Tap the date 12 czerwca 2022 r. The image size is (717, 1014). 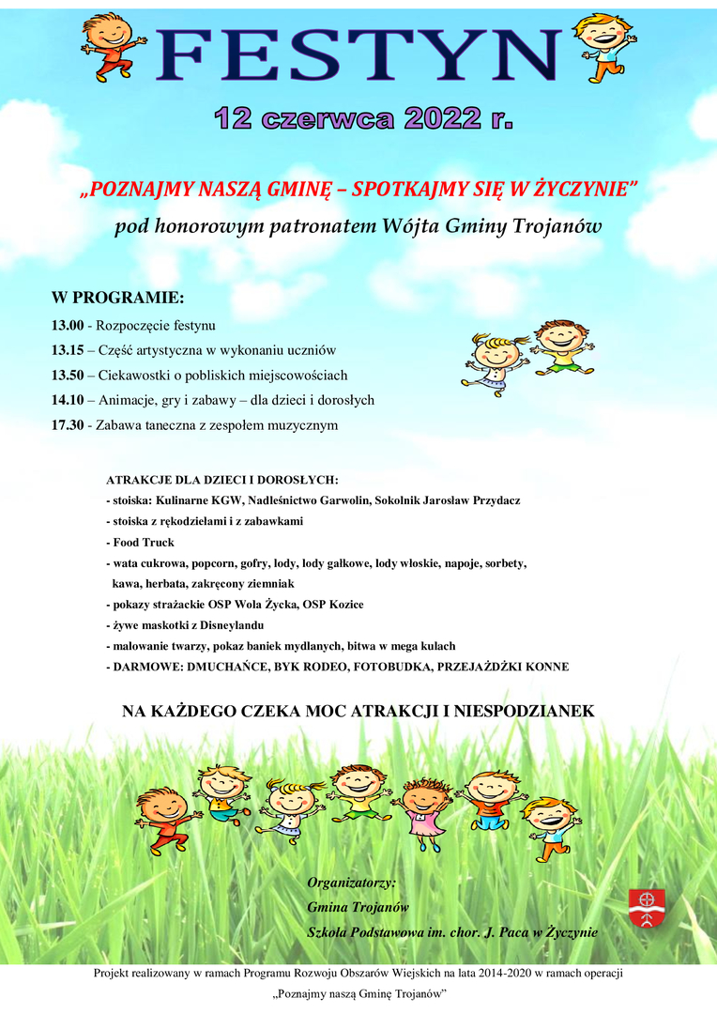coord(363,118)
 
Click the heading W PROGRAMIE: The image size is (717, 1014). coord(117,299)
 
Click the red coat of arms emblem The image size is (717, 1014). coord(647,907)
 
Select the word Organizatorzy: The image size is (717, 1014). coord(351,883)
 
